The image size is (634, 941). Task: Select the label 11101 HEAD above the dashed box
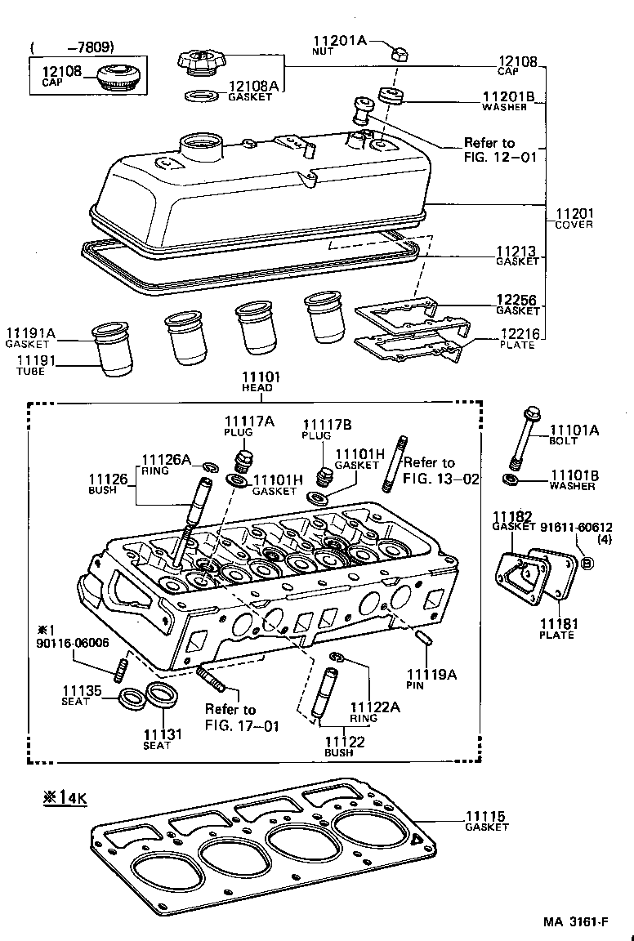tap(261, 377)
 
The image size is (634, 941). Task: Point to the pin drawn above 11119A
tap(423, 640)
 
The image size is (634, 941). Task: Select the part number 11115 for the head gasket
tap(485, 816)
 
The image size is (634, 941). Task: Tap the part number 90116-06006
tap(74, 643)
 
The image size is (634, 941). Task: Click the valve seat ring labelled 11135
tap(129, 698)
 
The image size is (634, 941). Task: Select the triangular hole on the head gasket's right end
tap(418, 839)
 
